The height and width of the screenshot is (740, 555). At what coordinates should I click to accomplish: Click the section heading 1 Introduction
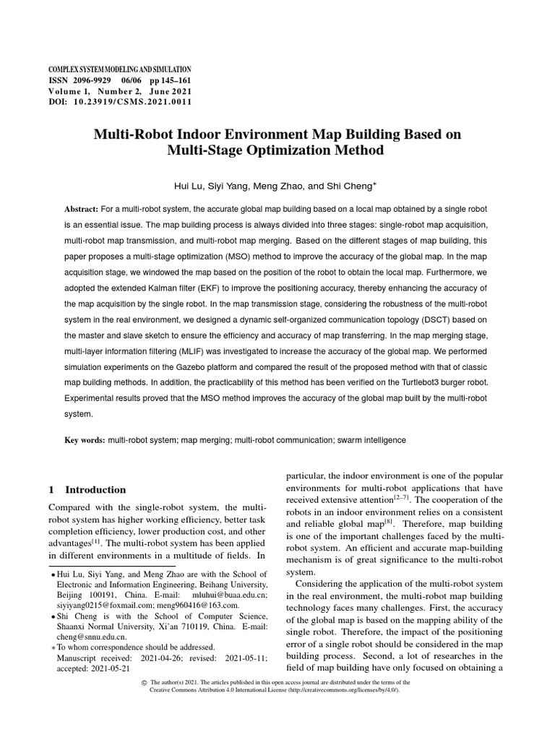(87, 489)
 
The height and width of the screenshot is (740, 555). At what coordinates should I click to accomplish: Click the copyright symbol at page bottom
(142, 683)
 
